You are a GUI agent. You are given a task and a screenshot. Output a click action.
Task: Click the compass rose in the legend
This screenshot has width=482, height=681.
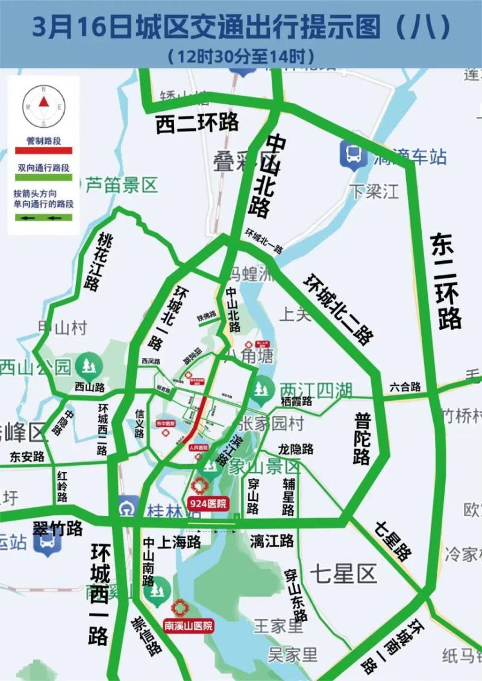tap(43, 106)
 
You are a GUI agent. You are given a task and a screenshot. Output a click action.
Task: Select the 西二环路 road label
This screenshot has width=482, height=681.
tap(197, 122)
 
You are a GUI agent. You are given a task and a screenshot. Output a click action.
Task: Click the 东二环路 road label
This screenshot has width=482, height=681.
tap(446, 281)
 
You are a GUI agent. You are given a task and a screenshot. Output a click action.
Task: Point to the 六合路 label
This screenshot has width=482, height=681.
tap(405, 387)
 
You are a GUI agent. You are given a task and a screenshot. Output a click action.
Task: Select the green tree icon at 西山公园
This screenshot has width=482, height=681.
tap(90, 365)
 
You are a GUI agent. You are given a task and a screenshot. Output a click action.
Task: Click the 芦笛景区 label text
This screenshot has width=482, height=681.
tap(120, 184)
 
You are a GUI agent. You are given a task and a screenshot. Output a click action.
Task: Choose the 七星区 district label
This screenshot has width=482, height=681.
tap(343, 573)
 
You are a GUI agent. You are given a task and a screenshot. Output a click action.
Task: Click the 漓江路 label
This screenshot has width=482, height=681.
tap(272, 541)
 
